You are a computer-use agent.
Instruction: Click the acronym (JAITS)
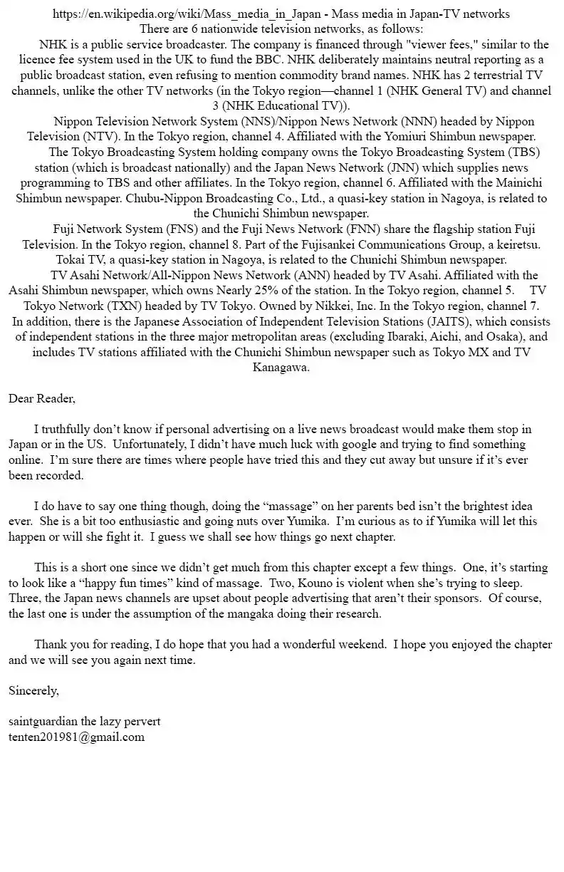coord(442,321)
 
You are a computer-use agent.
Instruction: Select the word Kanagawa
coord(281,368)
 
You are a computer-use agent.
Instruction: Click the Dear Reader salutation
coord(41,398)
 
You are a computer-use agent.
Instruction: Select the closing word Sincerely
coord(33,690)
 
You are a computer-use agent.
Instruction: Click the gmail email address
coord(76,737)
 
